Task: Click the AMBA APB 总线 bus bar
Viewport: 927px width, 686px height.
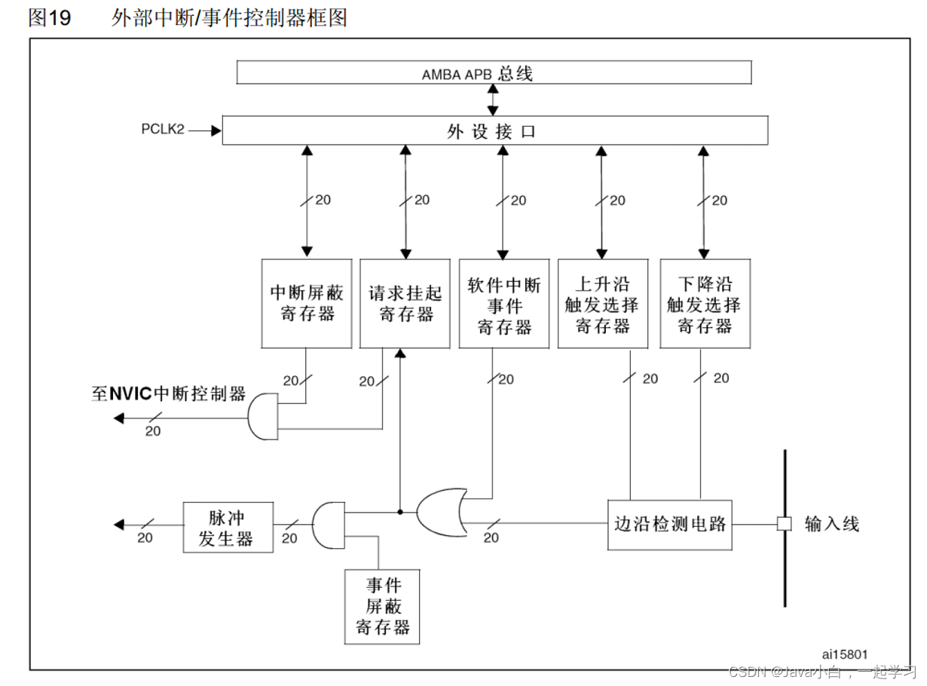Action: (494, 72)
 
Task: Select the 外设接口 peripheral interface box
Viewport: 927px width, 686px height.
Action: (494, 130)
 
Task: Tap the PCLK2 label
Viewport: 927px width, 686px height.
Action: (163, 130)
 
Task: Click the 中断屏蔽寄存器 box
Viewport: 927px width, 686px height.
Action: (307, 304)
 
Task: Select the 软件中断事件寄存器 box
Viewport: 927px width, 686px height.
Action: (504, 304)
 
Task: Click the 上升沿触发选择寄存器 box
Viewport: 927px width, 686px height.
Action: (602, 304)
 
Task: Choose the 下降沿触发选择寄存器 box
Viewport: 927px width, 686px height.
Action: (704, 304)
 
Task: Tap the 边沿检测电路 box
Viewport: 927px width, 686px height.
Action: (669, 523)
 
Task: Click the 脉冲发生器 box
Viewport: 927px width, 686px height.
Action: (228, 527)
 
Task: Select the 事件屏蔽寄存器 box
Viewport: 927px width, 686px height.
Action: (382, 607)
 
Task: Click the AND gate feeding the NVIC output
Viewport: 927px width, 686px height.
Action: (262, 415)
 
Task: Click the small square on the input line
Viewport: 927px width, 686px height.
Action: (784, 523)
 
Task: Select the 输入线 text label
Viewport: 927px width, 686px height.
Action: (831, 523)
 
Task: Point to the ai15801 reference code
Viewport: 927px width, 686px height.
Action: (845, 654)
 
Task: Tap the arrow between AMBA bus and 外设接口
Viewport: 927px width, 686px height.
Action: (493, 100)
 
